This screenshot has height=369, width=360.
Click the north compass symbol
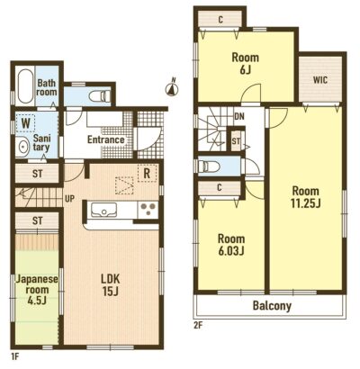[x=172, y=89]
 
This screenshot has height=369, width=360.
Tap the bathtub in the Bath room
[x=25, y=86]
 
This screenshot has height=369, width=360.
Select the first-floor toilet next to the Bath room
[x=100, y=96]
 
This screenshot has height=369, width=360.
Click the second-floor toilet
[x=208, y=166]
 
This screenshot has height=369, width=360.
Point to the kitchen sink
[x=103, y=209]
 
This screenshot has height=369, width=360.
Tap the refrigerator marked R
[x=147, y=173]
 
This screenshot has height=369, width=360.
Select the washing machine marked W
[x=25, y=123]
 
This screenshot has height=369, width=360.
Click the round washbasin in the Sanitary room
[x=22, y=147]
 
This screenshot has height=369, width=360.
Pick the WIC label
[x=320, y=80]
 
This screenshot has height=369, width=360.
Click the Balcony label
[x=272, y=306]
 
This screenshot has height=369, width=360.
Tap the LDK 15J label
[x=110, y=285]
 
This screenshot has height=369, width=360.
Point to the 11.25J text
[x=305, y=203]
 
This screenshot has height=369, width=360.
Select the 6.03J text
[x=231, y=251]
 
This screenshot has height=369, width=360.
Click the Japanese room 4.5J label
[x=37, y=290]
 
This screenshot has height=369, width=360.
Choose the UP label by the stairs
[x=69, y=199]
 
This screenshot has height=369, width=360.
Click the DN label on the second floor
[x=239, y=116]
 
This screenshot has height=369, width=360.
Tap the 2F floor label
[x=199, y=325]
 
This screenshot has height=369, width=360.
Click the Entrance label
[x=106, y=139]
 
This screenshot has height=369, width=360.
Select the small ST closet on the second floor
[x=236, y=140]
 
